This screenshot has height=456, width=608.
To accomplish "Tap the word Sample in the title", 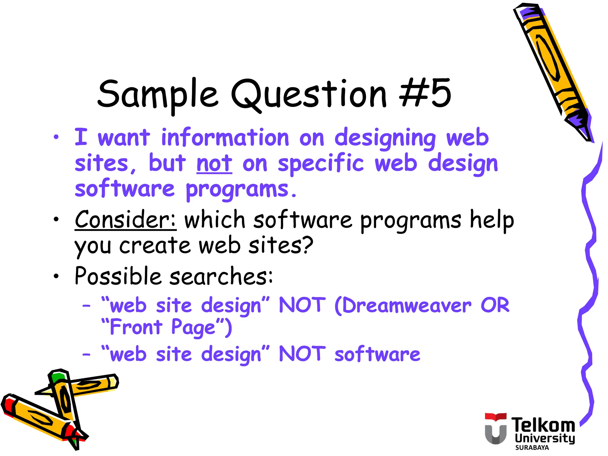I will [157, 94].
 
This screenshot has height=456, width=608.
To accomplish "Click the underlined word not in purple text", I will [214, 164].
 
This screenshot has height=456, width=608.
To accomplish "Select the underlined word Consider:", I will [125, 220].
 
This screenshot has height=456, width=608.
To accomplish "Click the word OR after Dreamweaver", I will [495, 305].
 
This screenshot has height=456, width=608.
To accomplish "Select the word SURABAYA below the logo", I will [532, 448].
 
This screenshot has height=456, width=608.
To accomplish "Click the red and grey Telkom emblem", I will [495, 429].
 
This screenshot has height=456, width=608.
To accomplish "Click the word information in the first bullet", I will [225, 138].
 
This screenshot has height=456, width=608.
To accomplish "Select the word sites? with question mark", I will [281, 246].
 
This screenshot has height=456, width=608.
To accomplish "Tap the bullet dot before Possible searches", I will [56, 276].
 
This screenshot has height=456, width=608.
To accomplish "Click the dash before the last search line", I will [86, 354].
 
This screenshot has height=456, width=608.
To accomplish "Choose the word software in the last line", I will [377, 354].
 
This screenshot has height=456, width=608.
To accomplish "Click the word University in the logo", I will [545, 438].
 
